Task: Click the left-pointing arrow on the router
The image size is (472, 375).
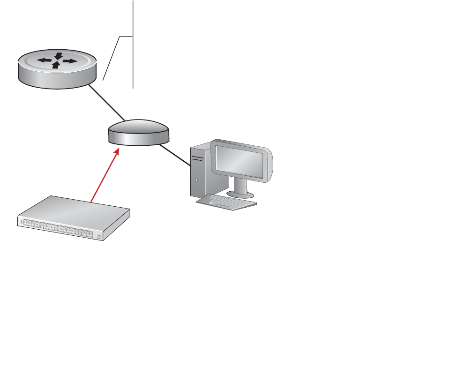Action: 44,60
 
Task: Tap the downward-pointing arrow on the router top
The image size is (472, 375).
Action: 58,56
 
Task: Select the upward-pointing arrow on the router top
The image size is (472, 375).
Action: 56,65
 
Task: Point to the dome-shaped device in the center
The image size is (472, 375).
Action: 138,131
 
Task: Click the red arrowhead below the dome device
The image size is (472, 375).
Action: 117,150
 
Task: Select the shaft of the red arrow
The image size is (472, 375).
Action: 104,176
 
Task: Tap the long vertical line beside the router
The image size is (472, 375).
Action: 134,47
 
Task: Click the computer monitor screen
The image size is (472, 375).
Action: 240,162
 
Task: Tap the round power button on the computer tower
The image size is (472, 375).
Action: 196,179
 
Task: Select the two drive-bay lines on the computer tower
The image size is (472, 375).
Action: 197,159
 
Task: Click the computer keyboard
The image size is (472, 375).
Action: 226,202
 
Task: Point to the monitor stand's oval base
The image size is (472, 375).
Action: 240,194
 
